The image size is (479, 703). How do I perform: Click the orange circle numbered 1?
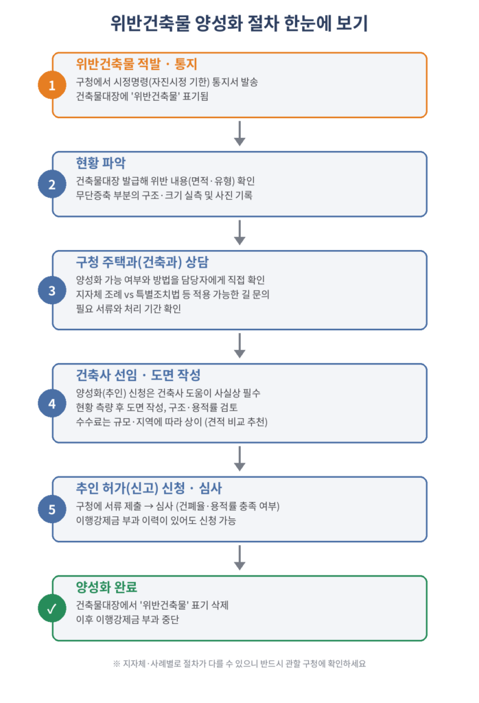[x=52, y=85]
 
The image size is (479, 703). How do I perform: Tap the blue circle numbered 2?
[x=52, y=184]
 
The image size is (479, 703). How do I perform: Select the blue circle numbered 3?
[x=52, y=290]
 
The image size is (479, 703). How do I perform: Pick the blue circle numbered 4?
[x=52, y=404]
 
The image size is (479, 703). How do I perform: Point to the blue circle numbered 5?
[x=52, y=509]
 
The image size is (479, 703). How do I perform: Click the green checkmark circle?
[x=52, y=608]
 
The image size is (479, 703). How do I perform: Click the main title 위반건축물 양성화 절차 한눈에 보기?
[x=239, y=23]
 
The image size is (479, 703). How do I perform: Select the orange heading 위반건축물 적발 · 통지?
[x=136, y=64]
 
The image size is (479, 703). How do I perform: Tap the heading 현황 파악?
[x=101, y=163]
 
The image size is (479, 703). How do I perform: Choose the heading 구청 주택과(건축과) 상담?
[x=142, y=262]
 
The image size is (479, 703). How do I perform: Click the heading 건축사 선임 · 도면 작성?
[x=138, y=375]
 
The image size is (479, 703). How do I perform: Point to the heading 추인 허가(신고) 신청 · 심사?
[x=149, y=488]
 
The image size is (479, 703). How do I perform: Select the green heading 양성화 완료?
[x=106, y=587]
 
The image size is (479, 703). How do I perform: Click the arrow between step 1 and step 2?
[x=239, y=133]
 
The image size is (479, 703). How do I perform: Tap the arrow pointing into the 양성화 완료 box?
[x=239, y=557]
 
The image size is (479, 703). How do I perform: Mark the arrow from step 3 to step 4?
[x=239, y=345]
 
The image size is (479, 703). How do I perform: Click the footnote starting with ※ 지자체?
[x=239, y=664]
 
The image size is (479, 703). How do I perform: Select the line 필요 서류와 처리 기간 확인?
[x=128, y=308]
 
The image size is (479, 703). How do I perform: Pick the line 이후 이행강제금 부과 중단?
[x=127, y=620]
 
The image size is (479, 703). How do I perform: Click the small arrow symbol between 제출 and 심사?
[x=149, y=506]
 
